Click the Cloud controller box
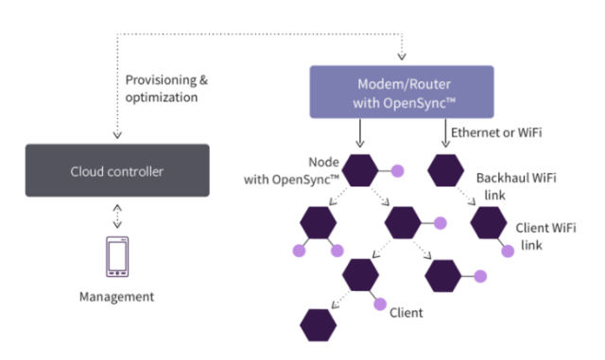(117, 171)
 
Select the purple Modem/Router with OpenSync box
(402, 91)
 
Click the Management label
(116, 297)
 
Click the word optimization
(162, 97)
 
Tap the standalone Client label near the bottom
(406, 311)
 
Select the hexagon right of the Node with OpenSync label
(361, 171)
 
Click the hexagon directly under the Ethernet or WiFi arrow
(446, 171)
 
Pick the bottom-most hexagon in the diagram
(319, 323)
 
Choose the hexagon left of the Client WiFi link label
(489, 223)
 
